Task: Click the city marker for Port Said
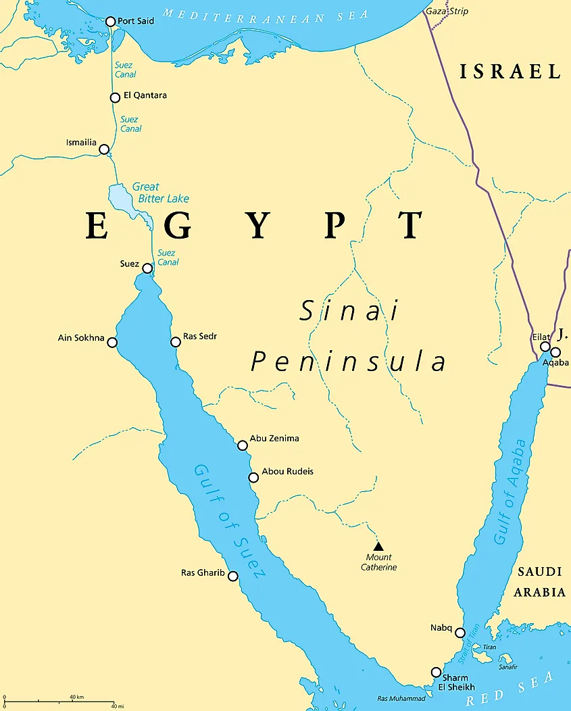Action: click(x=111, y=22)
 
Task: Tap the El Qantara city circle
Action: click(x=115, y=97)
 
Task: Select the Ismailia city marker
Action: click(x=104, y=149)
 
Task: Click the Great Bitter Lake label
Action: click(x=160, y=193)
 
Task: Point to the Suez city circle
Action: click(x=147, y=268)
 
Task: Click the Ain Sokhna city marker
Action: click(x=112, y=342)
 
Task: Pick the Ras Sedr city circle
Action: click(x=176, y=341)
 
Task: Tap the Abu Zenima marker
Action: click(x=243, y=445)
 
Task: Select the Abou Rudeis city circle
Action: click(x=253, y=477)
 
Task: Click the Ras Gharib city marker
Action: click(x=233, y=576)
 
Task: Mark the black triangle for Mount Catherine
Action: click(x=378, y=546)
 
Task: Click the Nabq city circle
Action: click(x=460, y=633)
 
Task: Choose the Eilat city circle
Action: click(x=545, y=347)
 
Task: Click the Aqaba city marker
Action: click(x=555, y=352)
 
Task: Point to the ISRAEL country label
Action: click(x=510, y=72)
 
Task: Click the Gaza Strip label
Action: click(x=447, y=11)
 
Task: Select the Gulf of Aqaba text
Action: click(x=510, y=491)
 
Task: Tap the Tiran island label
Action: click(x=489, y=647)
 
